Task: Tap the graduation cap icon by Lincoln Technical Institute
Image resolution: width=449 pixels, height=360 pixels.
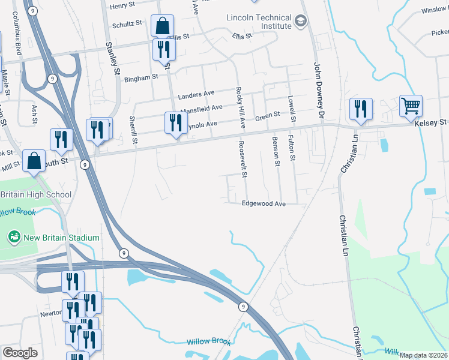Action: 301,22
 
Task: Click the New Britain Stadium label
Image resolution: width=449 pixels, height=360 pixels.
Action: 61,238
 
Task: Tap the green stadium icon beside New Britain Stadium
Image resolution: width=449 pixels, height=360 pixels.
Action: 14,238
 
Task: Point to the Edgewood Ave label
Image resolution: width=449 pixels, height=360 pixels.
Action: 264,204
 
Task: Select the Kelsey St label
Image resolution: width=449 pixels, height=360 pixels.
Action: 430,122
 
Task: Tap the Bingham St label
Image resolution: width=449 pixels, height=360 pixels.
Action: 140,77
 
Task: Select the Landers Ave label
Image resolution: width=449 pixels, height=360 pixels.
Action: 196,94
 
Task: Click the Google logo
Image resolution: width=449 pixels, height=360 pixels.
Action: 20,352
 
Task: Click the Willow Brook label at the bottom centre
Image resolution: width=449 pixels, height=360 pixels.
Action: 208,341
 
